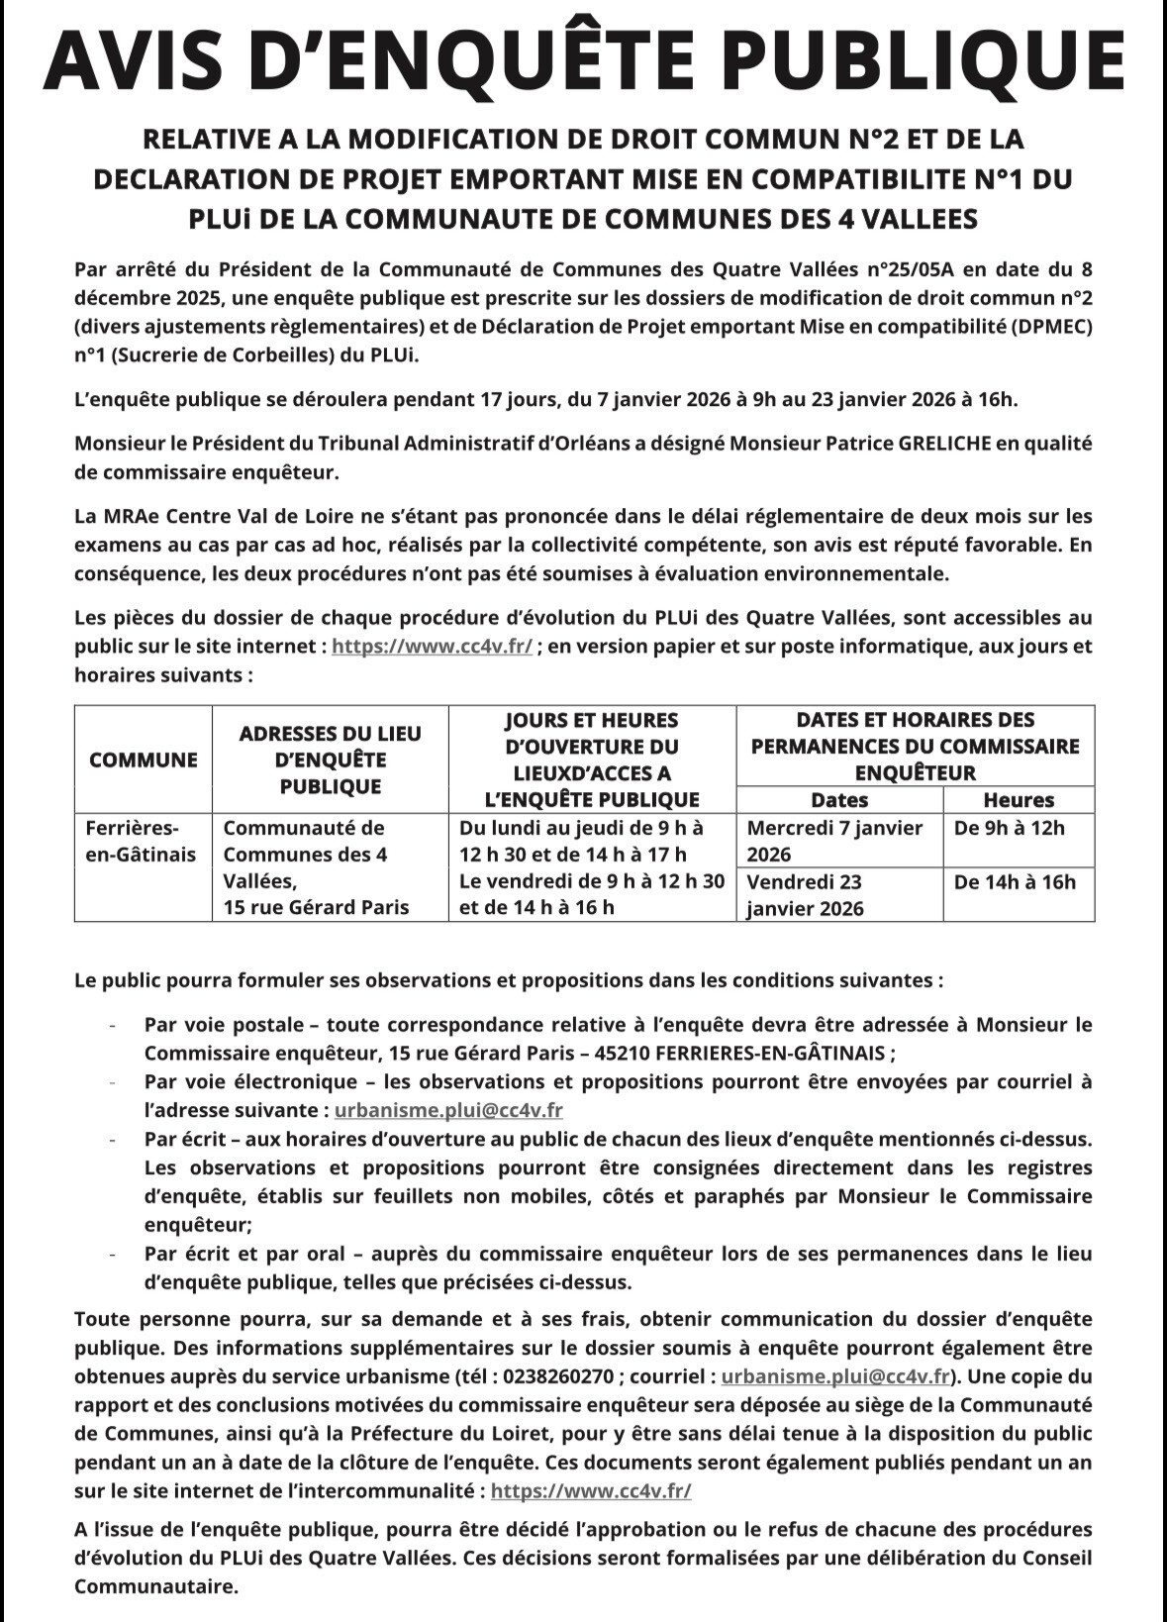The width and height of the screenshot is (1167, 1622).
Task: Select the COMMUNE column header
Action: click(144, 760)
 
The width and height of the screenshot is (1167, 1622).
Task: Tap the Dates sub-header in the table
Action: click(839, 800)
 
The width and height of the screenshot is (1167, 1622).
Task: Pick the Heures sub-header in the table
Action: click(1019, 800)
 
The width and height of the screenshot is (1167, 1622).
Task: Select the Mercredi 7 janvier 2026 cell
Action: click(834, 841)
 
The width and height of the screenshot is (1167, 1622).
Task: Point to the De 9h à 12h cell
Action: click(1010, 828)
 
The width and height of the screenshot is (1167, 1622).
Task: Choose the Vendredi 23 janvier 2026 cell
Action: click(804, 895)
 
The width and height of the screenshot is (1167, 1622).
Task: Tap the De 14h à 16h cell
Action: click(1015, 881)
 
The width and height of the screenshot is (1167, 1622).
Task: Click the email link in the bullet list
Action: click(448, 1111)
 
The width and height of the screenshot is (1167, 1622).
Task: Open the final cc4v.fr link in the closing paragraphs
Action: click(591, 1491)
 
